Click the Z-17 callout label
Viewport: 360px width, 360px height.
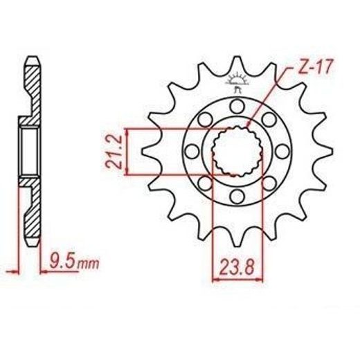(x=315, y=67)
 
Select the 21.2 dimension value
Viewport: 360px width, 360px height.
(x=114, y=152)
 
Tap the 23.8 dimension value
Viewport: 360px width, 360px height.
(x=237, y=267)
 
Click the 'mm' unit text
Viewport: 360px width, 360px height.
(x=89, y=264)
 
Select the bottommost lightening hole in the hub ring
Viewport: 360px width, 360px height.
(x=237, y=197)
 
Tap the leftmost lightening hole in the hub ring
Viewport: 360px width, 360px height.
(x=192, y=152)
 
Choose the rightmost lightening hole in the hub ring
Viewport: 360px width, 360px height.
(x=282, y=152)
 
